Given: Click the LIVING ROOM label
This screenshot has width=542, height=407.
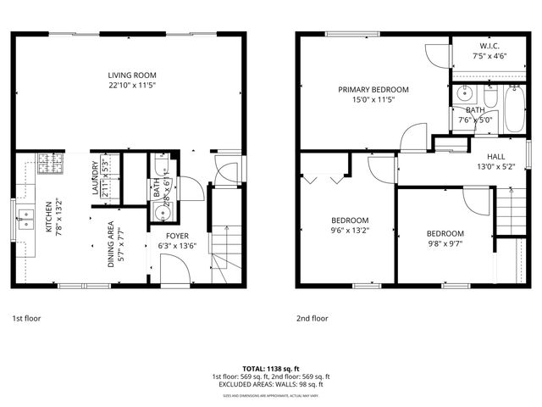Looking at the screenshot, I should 131,75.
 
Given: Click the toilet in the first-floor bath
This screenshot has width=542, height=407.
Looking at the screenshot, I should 160,167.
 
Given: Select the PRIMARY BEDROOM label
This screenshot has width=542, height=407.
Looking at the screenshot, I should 373,89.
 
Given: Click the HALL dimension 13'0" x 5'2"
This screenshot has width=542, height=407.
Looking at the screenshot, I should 495,167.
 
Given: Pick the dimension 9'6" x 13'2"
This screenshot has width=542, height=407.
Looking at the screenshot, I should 348,230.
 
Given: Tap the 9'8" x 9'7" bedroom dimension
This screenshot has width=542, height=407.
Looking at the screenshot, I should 445,243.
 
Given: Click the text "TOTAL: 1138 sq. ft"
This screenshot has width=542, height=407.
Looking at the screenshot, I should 270,369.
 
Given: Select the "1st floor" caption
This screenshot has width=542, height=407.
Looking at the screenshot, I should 25,319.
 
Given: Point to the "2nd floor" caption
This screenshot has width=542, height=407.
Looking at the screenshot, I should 312,319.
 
